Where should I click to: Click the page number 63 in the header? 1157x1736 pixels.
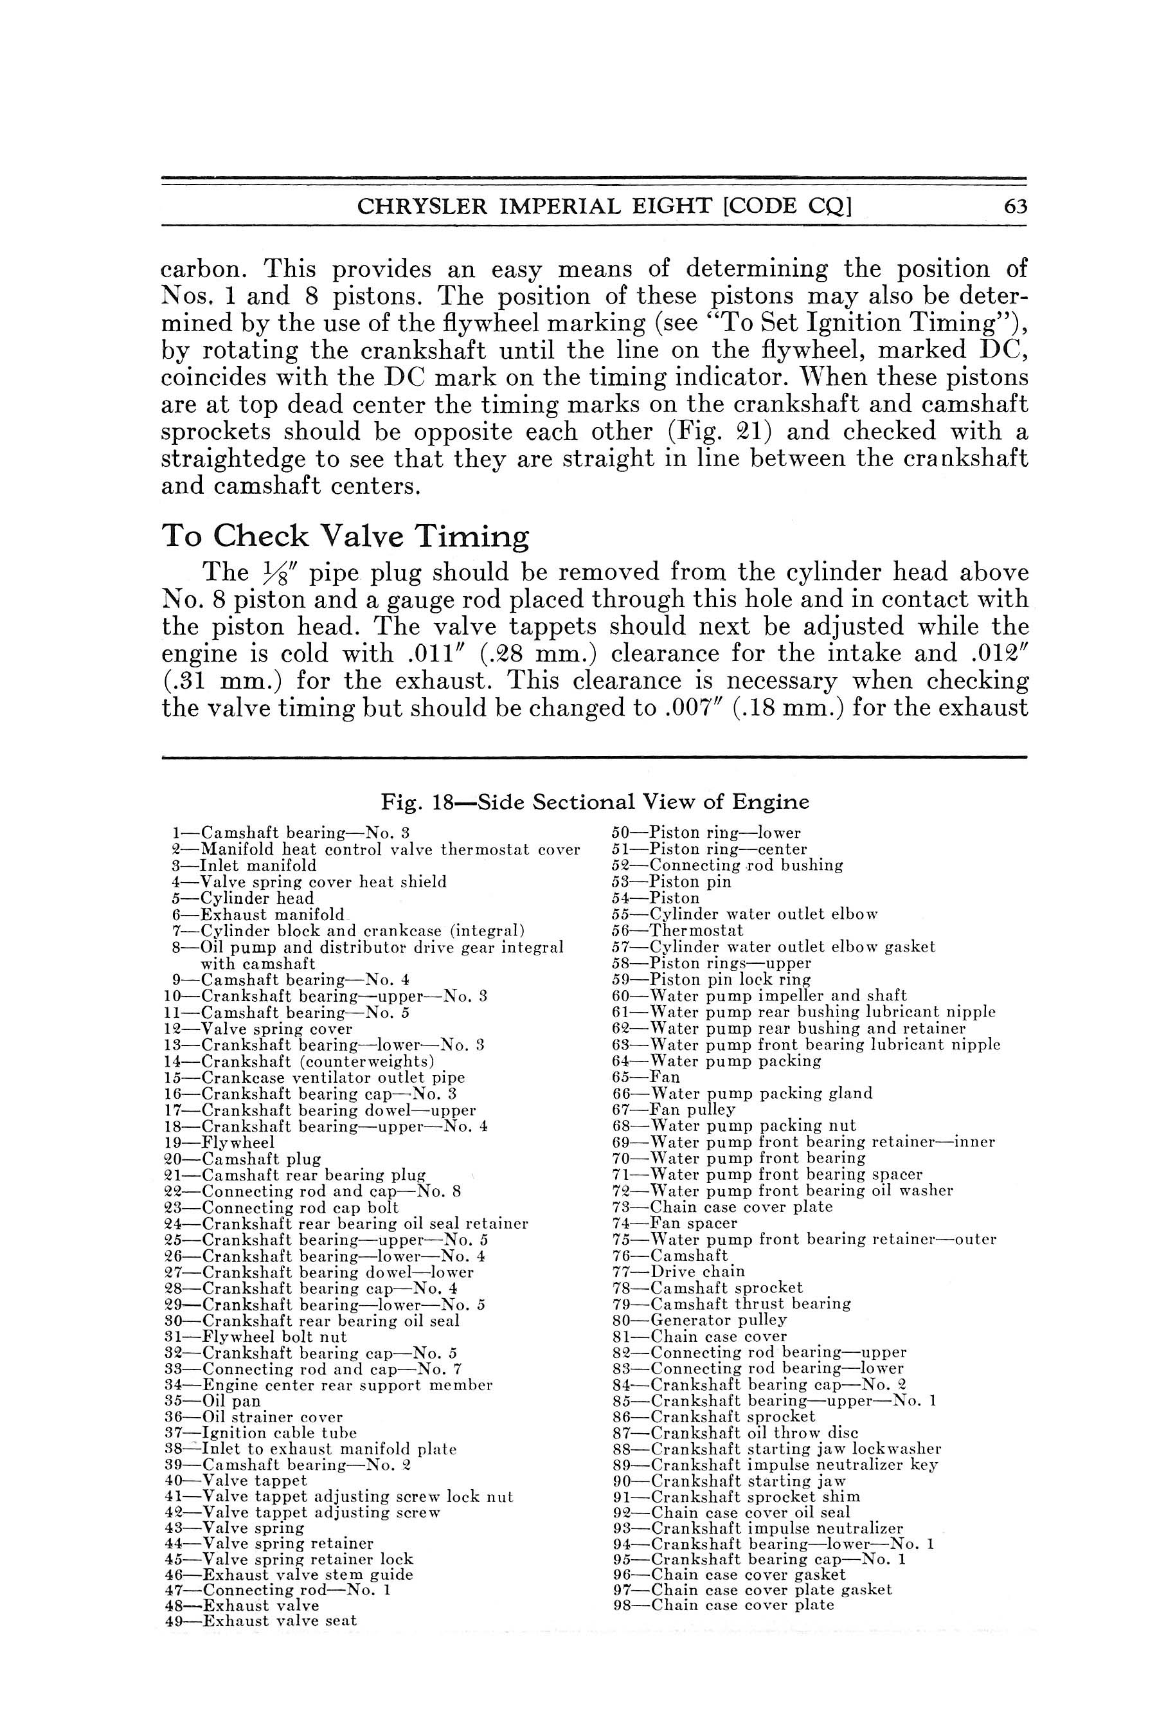click(1016, 206)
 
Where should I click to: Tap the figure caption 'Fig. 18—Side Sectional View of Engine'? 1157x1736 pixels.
click(595, 802)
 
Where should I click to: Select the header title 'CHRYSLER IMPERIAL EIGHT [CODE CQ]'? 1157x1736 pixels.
click(604, 206)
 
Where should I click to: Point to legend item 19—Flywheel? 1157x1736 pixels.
click(219, 1143)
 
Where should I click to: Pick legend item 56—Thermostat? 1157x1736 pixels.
click(677, 931)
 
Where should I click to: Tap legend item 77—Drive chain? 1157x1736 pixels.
click(678, 1271)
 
